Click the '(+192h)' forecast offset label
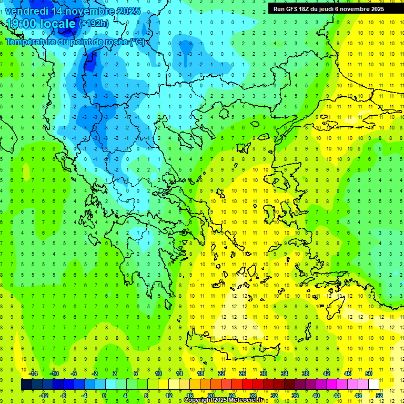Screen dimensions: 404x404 (x=93, y=23)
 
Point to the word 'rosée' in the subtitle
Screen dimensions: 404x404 (x=114, y=41)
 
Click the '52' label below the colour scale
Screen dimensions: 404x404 (x=379, y=395)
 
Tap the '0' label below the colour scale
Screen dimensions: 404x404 (x=104, y=395)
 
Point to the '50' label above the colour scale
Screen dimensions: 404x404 (x=368, y=373)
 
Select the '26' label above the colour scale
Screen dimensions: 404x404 (x=243, y=373)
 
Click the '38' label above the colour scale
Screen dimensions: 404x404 (x=305, y=373)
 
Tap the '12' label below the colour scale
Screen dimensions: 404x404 (x=169, y=395)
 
